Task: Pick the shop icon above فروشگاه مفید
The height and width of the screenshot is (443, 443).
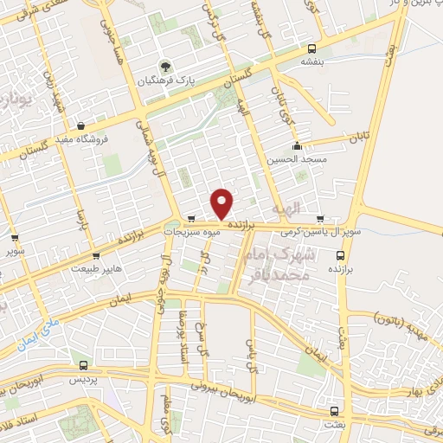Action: pyautogui.click(x=81, y=125)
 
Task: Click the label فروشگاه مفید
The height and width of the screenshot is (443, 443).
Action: pyautogui.click(x=81, y=138)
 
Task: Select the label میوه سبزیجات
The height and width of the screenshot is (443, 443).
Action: pyautogui.click(x=205, y=231)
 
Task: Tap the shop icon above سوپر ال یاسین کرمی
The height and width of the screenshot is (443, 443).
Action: pyautogui.click(x=321, y=218)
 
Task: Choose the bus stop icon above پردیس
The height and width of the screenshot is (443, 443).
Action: pyautogui.click(x=83, y=365)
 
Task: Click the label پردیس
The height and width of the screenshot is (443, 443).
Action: pyautogui.click(x=80, y=379)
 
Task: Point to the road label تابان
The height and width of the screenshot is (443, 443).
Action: pyautogui.click(x=359, y=137)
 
